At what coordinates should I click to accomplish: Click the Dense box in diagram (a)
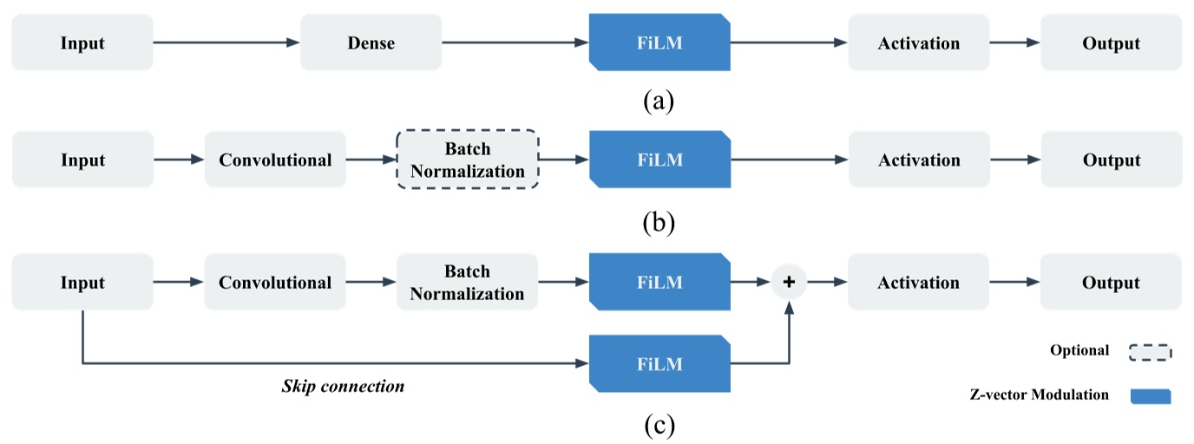tap(371, 42)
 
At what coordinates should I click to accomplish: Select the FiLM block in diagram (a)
tap(659, 42)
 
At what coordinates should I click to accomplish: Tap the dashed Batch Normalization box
tap(468, 160)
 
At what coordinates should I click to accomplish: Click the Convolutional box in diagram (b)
tap(275, 160)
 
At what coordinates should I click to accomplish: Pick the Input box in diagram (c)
tap(82, 283)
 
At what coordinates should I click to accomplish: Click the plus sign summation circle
tap(789, 283)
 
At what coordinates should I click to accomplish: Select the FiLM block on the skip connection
tap(659, 363)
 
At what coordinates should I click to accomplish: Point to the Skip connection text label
tap(343, 386)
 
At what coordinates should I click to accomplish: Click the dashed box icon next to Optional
tap(1150, 351)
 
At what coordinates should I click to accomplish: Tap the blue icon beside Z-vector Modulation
tap(1150, 395)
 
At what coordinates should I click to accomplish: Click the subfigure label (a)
tap(659, 101)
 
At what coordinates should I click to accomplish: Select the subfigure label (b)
tap(659, 223)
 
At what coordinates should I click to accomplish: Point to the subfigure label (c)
tap(659, 425)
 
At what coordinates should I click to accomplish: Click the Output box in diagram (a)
tap(1111, 42)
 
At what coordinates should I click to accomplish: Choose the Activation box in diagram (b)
tap(919, 160)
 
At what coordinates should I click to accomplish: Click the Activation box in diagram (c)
tap(919, 283)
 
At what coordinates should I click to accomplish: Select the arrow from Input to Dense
tap(226, 42)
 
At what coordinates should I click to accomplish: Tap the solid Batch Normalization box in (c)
tap(468, 283)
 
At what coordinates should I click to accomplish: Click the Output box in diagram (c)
tap(1111, 283)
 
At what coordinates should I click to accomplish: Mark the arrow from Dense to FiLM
tap(515, 42)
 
